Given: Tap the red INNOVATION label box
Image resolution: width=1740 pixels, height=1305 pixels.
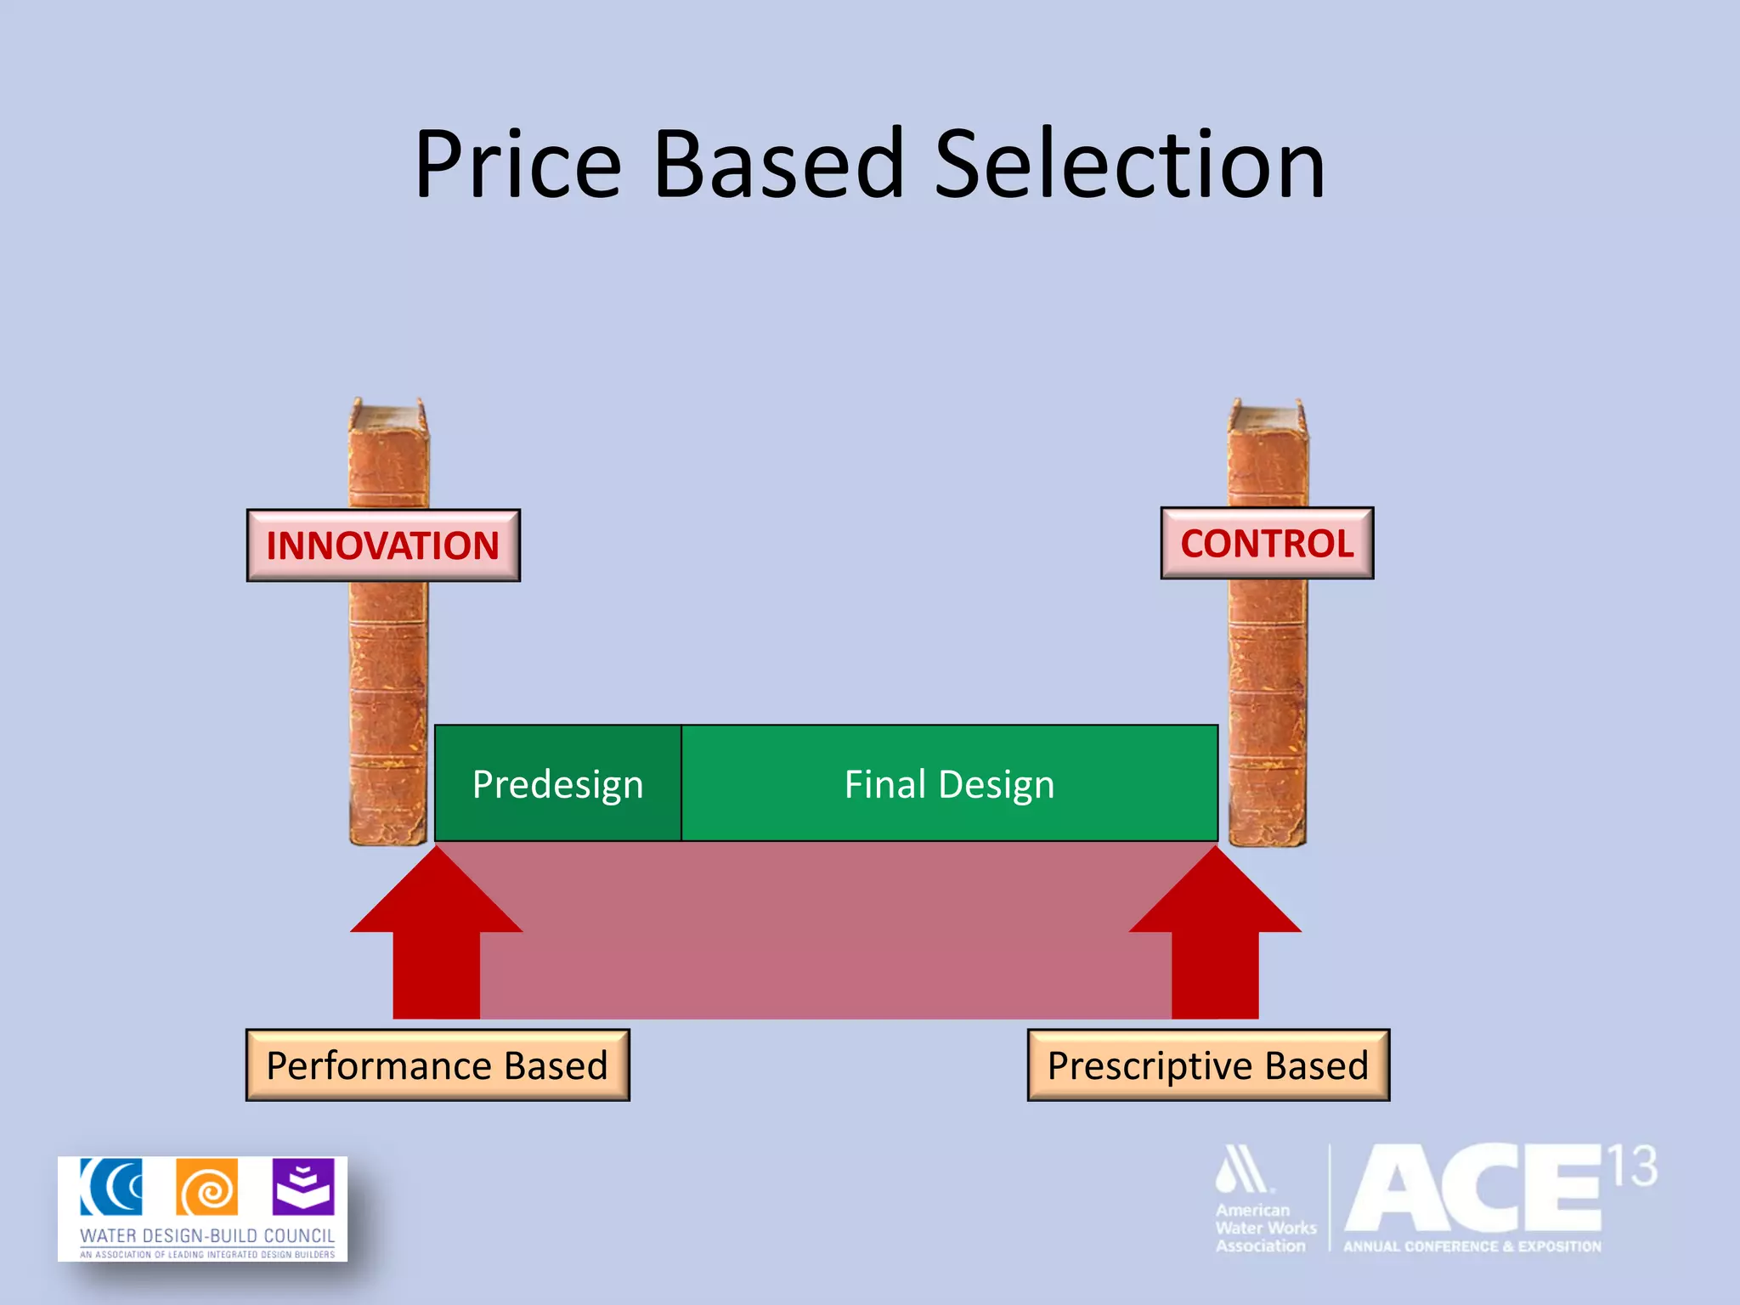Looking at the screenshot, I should point(383,545).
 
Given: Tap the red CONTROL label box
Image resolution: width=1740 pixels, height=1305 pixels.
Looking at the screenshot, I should point(1267,544).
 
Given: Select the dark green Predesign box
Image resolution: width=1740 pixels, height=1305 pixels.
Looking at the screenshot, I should point(557,783).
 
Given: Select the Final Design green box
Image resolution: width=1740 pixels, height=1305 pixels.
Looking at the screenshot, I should point(949,783).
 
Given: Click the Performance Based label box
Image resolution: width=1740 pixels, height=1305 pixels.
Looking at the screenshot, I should point(438,1065).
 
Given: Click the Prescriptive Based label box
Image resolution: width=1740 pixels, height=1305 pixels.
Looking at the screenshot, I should point(1208,1065).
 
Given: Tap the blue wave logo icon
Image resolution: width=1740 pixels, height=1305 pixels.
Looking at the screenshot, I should point(111,1187).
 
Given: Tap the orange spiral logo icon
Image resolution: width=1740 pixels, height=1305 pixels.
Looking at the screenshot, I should point(206,1188).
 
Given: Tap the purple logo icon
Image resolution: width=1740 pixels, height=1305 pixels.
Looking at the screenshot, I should point(303,1186).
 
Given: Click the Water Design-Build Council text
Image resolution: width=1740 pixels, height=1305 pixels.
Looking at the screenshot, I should point(207,1235).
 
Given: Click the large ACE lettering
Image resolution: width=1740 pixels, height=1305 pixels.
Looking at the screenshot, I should point(1474,1189).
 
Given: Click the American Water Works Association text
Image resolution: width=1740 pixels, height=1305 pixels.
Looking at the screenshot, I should point(1264,1228).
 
